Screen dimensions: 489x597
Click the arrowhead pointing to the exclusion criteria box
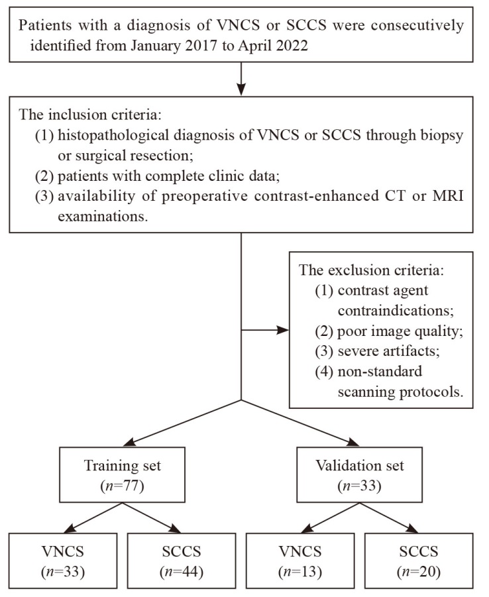click(x=283, y=330)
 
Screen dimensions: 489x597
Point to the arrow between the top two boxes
click(x=241, y=79)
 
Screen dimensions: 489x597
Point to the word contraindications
click(x=396, y=311)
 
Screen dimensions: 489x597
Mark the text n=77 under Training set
click(x=122, y=486)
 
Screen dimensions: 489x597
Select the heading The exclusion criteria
click(x=371, y=270)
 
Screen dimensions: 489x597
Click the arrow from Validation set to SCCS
click(x=389, y=517)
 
